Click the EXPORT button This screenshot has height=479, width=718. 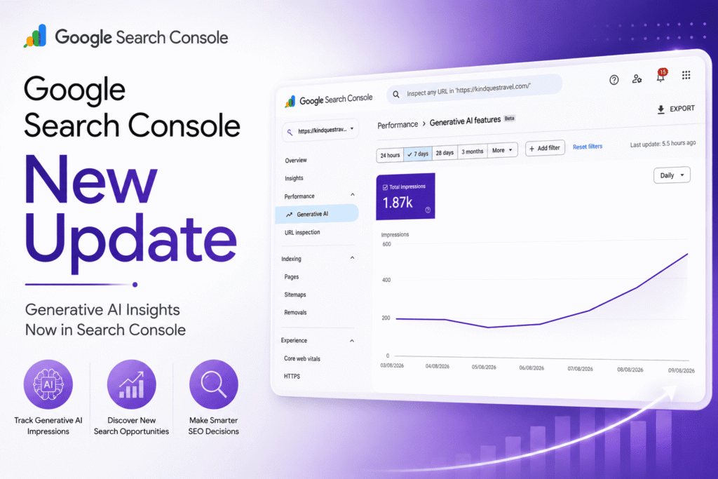pyautogui.click(x=676, y=109)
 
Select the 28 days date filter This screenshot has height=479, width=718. pyautogui.click(x=445, y=152)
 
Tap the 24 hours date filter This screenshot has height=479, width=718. pyautogui.click(x=390, y=155)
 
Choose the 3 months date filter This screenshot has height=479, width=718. pyautogui.click(x=472, y=151)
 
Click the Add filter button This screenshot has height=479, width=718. pyautogui.click(x=544, y=149)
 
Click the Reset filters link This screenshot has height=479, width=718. pyautogui.click(x=588, y=147)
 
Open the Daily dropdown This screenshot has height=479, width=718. pyautogui.click(x=672, y=175)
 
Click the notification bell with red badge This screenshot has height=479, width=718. pyautogui.click(x=661, y=76)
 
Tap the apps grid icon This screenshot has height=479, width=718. pyautogui.click(x=686, y=75)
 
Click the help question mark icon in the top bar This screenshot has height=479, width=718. pyautogui.click(x=614, y=80)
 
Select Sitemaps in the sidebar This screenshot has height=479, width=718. pyautogui.click(x=295, y=295)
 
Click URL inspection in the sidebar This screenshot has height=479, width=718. pyautogui.click(x=302, y=232)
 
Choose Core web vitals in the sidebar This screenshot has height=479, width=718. pyautogui.click(x=302, y=358)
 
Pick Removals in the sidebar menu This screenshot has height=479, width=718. pyautogui.click(x=295, y=312)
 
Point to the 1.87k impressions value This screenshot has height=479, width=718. pyautogui.click(x=398, y=203)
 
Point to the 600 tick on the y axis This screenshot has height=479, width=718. pyautogui.click(x=386, y=244)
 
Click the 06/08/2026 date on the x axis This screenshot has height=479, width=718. pyautogui.click(x=531, y=367)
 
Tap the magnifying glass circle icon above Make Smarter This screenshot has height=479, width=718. pyautogui.click(x=214, y=384)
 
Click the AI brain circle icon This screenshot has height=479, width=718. pyautogui.click(x=48, y=384)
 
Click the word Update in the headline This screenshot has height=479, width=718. pyautogui.click(x=130, y=239)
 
